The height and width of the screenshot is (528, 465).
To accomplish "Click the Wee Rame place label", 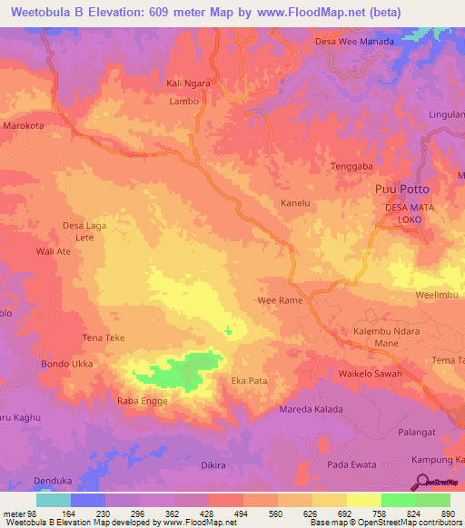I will (280, 299).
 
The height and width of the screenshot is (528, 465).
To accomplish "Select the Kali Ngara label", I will (188, 84).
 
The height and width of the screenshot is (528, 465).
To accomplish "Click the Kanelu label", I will (296, 202).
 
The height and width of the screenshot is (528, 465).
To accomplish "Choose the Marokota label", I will (25, 126).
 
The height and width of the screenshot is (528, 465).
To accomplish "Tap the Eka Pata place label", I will (250, 381).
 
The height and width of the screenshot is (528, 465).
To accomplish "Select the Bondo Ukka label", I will (64, 365).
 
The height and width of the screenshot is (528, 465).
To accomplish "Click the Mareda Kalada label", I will (312, 409).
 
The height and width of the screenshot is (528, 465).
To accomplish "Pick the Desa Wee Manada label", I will (353, 42).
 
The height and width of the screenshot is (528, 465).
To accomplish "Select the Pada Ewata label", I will (351, 464).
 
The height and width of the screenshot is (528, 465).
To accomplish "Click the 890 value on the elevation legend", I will (446, 513).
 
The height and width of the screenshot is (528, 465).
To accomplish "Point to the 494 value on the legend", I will (242, 513).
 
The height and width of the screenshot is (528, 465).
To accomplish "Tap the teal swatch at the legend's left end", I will (54, 500).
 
